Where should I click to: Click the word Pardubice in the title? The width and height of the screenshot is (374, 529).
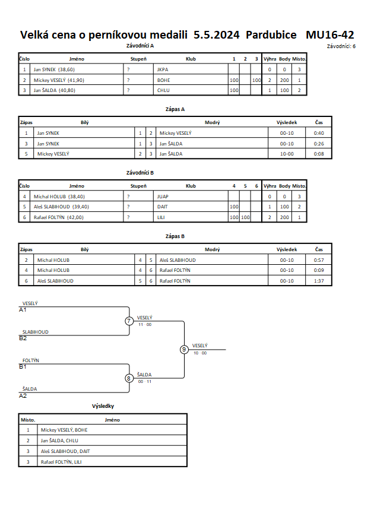(x=271, y=35)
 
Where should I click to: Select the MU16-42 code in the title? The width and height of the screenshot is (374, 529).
(x=330, y=35)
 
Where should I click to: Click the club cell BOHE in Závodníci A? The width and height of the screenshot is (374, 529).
(x=164, y=80)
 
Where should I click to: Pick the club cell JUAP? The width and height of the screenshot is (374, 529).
(x=163, y=197)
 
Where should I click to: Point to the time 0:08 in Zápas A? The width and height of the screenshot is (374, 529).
(x=319, y=154)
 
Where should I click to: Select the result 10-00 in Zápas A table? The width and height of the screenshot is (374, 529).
(x=287, y=154)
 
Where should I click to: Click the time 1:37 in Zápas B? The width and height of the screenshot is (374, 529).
(x=319, y=281)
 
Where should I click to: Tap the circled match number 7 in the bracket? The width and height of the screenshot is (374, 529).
(x=129, y=321)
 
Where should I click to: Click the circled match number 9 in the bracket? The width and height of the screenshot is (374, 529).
(x=184, y=350)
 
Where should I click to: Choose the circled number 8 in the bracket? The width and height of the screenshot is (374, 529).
(x=128, y=378)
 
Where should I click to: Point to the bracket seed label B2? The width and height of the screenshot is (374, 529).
(x=23, y=338)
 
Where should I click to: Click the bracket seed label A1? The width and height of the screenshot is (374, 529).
(x=23, y=310)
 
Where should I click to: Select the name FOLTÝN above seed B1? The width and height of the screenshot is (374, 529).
(x=31, y=360)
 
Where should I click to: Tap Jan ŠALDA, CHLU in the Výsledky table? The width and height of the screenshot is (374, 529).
(x=59, y=441)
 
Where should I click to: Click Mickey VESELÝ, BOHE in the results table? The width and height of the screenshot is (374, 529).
(x=64, y=430)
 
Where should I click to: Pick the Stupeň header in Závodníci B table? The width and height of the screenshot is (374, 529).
(x=138, y=186)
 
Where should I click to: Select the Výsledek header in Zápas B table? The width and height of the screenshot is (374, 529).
(x=287, y=249)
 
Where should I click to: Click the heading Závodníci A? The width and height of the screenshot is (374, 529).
(x=140, y=46)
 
